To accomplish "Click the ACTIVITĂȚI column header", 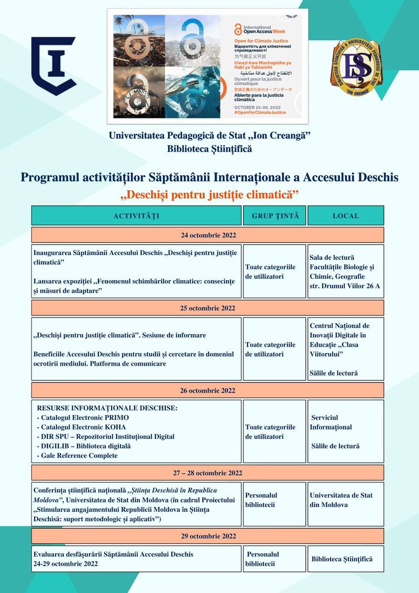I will coord(136,216).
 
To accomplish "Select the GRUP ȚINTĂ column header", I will coord(275,216).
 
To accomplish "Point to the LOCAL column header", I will coord(346,216).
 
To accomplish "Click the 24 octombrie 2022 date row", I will coord(207,235).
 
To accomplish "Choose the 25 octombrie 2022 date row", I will coord(207,308).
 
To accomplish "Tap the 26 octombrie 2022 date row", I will coord(207,390).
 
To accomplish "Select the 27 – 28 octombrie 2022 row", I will coord(207,473).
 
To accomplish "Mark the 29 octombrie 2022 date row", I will coord(207,536).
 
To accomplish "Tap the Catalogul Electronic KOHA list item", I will coord(82,427).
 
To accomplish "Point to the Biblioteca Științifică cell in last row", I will coord(342,559).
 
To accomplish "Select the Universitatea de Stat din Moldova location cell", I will coord(341,500).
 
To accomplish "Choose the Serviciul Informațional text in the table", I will coord(331,422).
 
